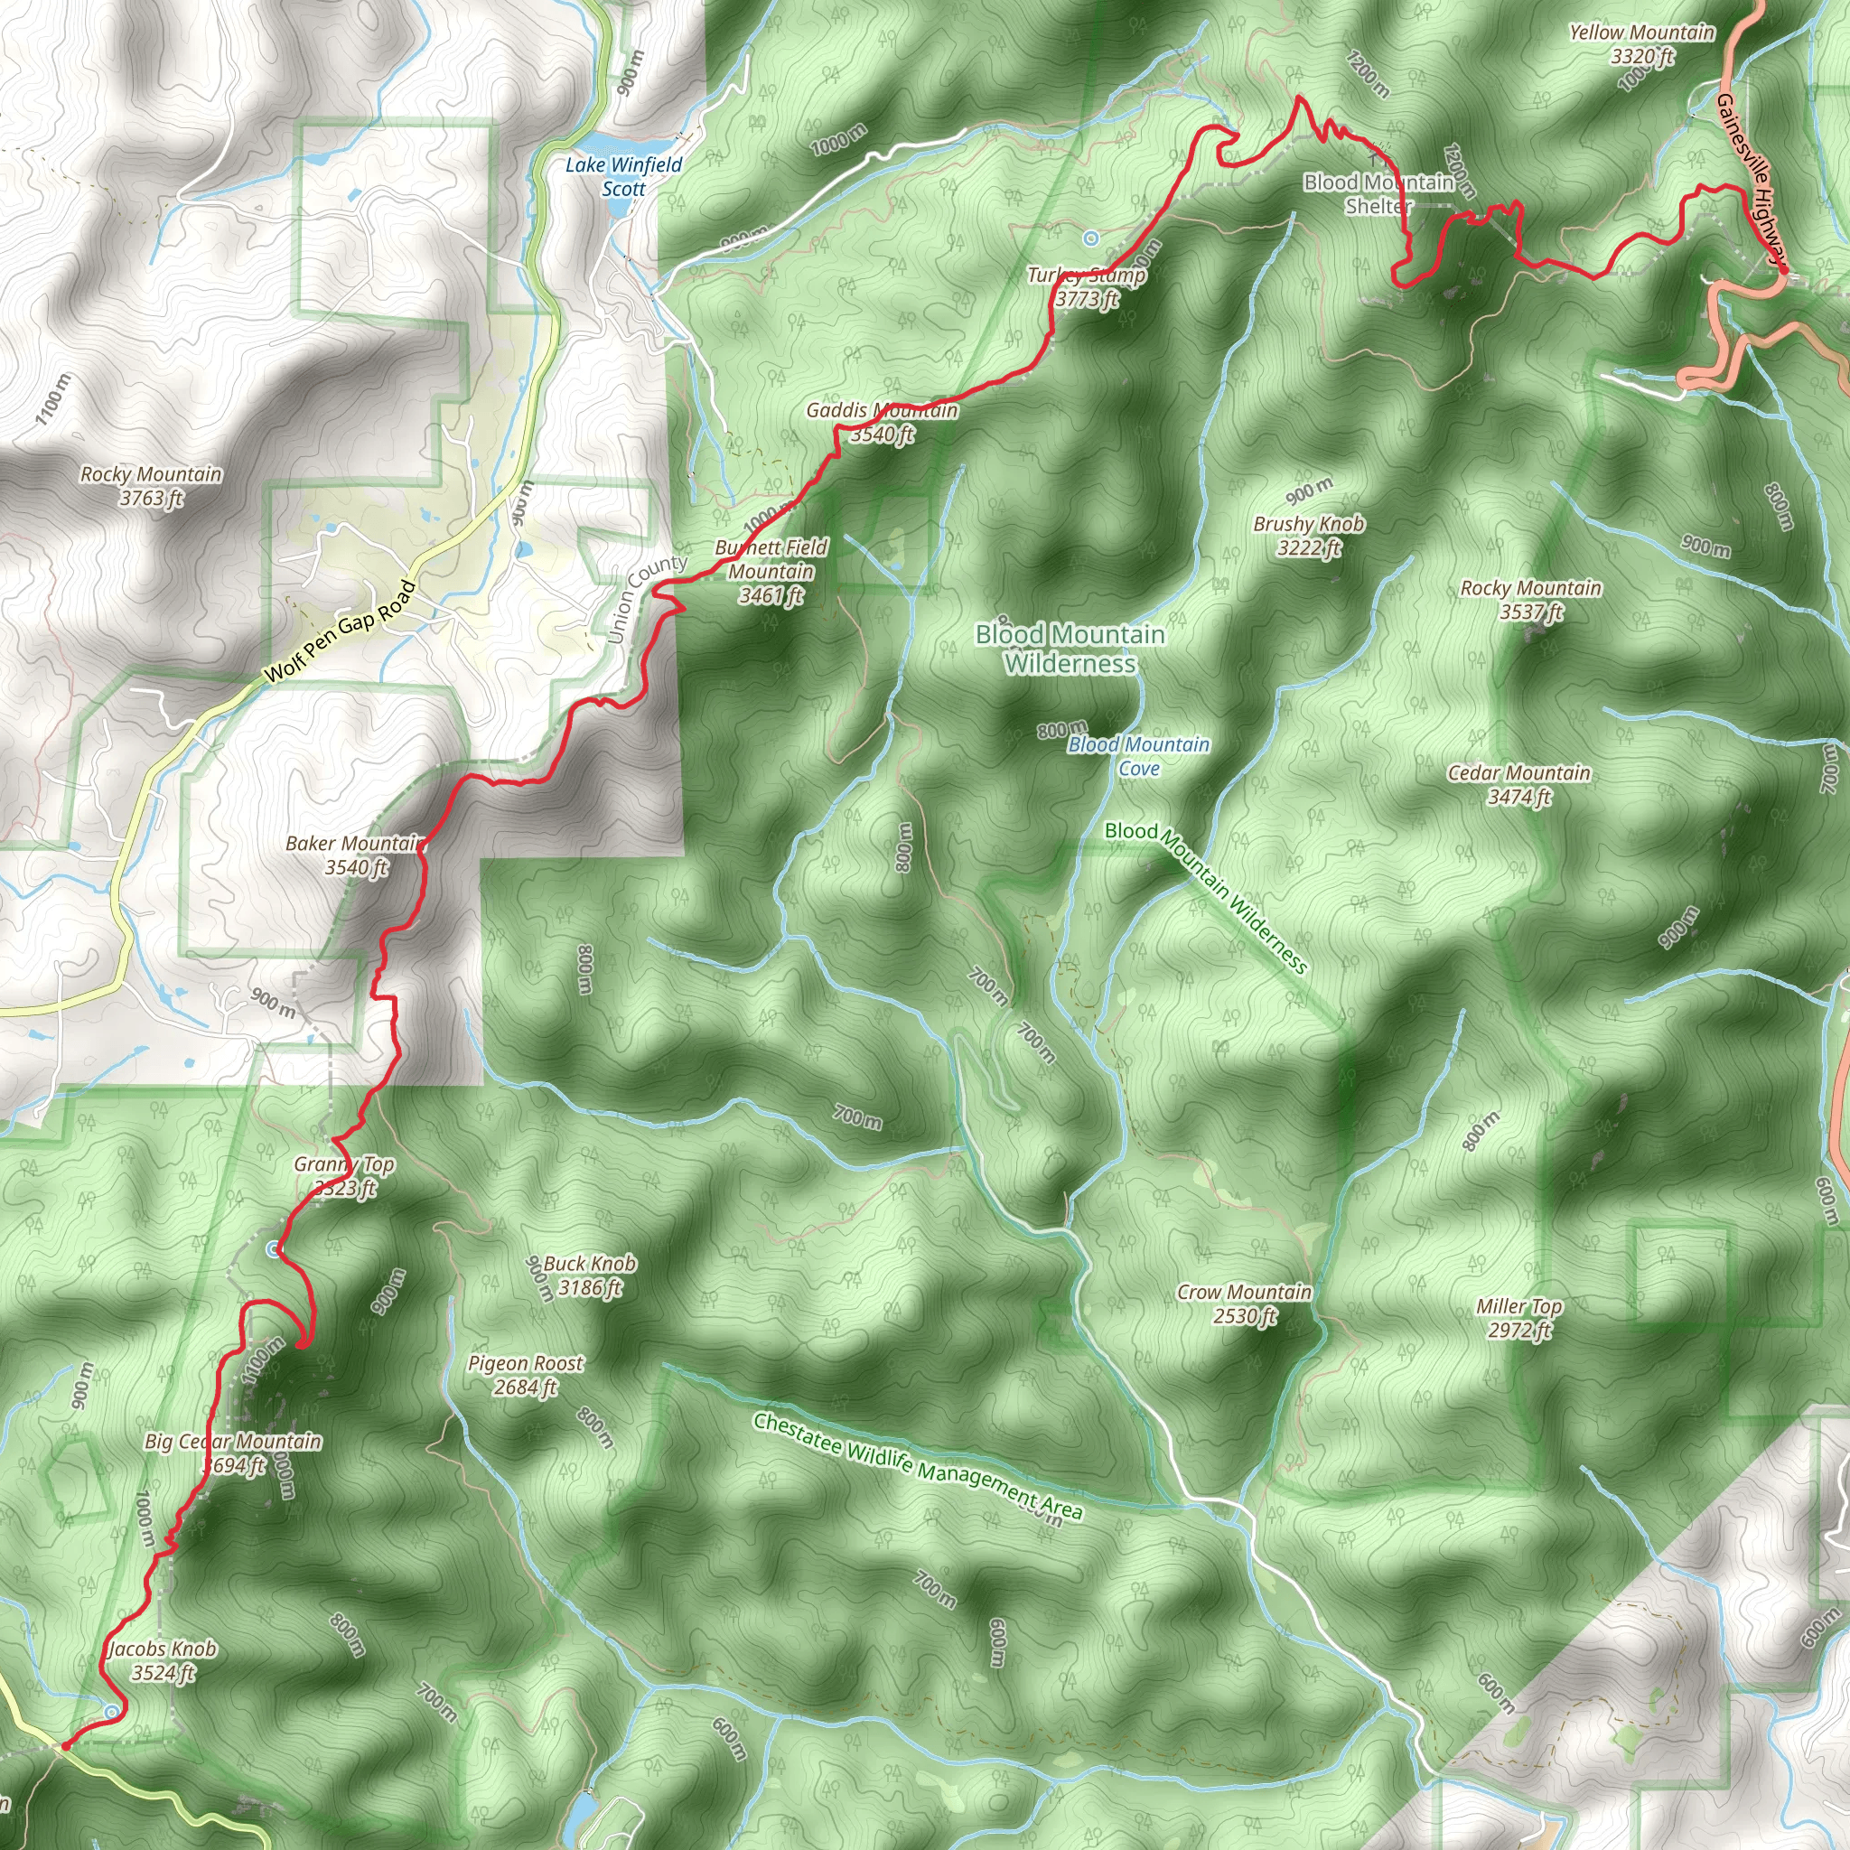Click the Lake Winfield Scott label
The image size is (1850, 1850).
(x=623, y=177)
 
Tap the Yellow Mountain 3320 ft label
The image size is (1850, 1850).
(x=1641, y=45)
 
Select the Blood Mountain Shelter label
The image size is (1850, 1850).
(x=1378, y=193)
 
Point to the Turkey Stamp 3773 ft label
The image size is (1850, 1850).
(x=1087, y=287)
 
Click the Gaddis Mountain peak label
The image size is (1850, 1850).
(x=882, y=422)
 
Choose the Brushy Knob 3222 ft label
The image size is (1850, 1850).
(x=1309, y=536)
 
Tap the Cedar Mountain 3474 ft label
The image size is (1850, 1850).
(x=1518, y=784)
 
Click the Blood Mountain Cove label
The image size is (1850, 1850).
(x=1138, y=755)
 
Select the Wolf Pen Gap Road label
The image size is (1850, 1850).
(x=340, y=631)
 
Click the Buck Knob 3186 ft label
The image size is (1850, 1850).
(x=589, y=1275)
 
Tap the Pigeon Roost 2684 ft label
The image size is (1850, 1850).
(x=526, y=1375)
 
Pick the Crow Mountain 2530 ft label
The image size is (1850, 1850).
(x=1244, y=1304)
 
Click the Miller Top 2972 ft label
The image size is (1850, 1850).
(x=1518, y=1319)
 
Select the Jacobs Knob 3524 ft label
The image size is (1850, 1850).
(x=163, y=1660)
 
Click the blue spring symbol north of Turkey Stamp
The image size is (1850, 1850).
(x=1090, y=237)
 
